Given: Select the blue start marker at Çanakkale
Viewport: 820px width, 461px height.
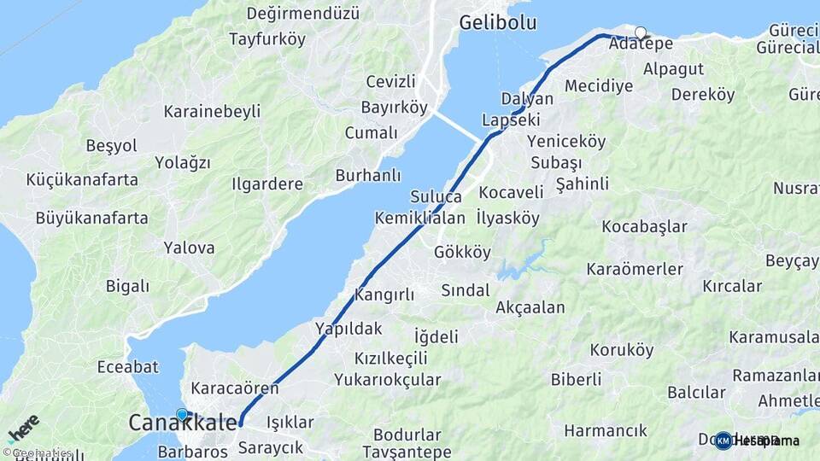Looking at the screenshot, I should (x=182, y=415).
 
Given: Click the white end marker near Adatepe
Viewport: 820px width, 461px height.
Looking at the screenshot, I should (x=641, y=32).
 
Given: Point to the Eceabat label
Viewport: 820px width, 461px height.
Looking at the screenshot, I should (x=129, y=366).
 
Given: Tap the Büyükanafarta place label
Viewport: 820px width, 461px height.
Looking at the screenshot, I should (x=91, y=218).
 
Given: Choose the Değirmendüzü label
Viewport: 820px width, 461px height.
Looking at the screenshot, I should (x=302, y=14).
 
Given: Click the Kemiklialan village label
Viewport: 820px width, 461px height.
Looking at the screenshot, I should (x=419, y=218).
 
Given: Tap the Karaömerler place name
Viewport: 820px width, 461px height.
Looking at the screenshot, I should (x=635, y=269).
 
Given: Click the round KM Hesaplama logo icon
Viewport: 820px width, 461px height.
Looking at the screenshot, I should (x=723, y=441).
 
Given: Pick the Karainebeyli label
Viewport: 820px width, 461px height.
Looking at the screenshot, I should (x=212, y=111).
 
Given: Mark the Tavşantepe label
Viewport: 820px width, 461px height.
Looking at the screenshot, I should (x=407, y=451).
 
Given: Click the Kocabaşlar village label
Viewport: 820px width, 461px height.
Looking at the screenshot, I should (x=644, y=226).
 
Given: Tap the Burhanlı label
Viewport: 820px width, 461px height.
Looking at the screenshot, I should (x=368, y=175).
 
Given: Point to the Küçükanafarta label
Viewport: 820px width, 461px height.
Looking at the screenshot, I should (x=82, y=179).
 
